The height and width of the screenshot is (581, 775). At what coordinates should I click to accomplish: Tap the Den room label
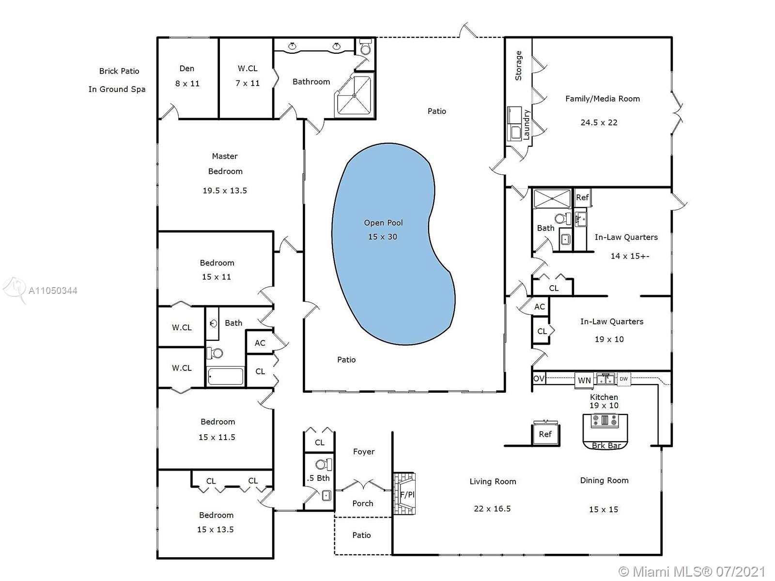[187, 68]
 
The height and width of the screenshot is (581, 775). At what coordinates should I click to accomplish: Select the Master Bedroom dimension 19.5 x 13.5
[225, 190]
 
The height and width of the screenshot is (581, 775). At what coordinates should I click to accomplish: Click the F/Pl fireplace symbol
[404, 494]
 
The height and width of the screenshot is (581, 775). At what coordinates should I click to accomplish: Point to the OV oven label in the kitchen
[539, 379]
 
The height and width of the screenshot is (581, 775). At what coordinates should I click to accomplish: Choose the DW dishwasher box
[623, 379]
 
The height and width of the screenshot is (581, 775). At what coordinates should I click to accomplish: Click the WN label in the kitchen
[584, 380]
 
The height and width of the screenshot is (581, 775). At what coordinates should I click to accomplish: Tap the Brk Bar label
[606, 445]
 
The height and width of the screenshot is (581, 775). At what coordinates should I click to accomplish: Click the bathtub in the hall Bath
[225, 376]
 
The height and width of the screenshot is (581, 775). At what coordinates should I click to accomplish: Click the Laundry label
[527, 124]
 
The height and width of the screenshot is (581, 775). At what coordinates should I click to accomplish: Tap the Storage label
[518, 66]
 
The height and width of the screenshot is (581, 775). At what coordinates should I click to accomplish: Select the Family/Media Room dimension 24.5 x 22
[599, 122]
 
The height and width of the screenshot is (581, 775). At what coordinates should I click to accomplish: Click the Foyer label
[364, 452]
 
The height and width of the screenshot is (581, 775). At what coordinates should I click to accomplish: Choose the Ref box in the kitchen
[545, 434]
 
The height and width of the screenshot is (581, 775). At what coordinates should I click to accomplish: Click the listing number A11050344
[53, 290]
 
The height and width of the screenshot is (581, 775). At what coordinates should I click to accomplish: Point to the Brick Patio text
[119, 71]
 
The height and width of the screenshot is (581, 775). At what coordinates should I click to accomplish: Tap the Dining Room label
[604, 480]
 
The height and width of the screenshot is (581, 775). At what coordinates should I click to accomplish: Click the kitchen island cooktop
[605, 421]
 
